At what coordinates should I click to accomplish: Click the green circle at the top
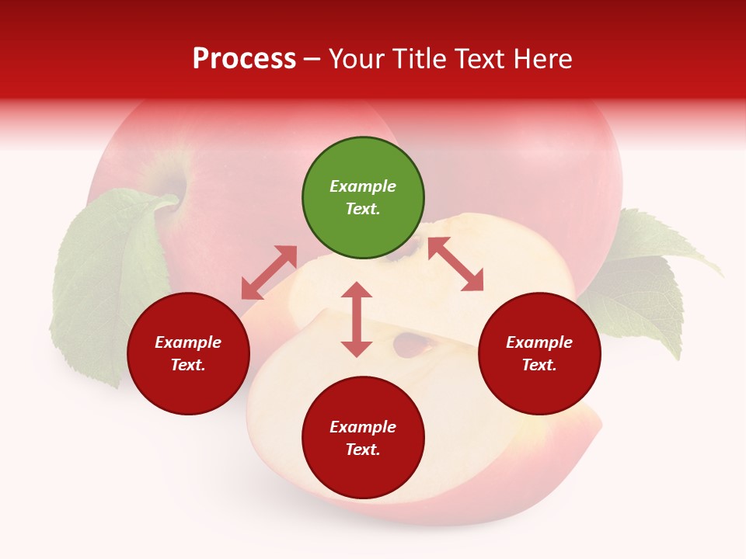363,198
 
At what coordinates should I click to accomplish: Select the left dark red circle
188,353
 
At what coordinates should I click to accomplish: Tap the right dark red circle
539,353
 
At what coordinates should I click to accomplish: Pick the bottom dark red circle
363,438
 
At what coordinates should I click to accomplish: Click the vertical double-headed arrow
357,319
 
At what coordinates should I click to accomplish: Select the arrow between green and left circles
269,273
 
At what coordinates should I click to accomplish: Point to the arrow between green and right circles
455,265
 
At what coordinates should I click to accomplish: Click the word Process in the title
244,58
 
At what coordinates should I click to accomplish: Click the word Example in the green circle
363,186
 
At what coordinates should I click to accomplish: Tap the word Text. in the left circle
188,365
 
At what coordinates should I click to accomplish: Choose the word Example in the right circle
539,342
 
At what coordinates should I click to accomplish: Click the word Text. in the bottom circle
363,450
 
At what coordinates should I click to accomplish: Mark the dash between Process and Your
312,59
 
